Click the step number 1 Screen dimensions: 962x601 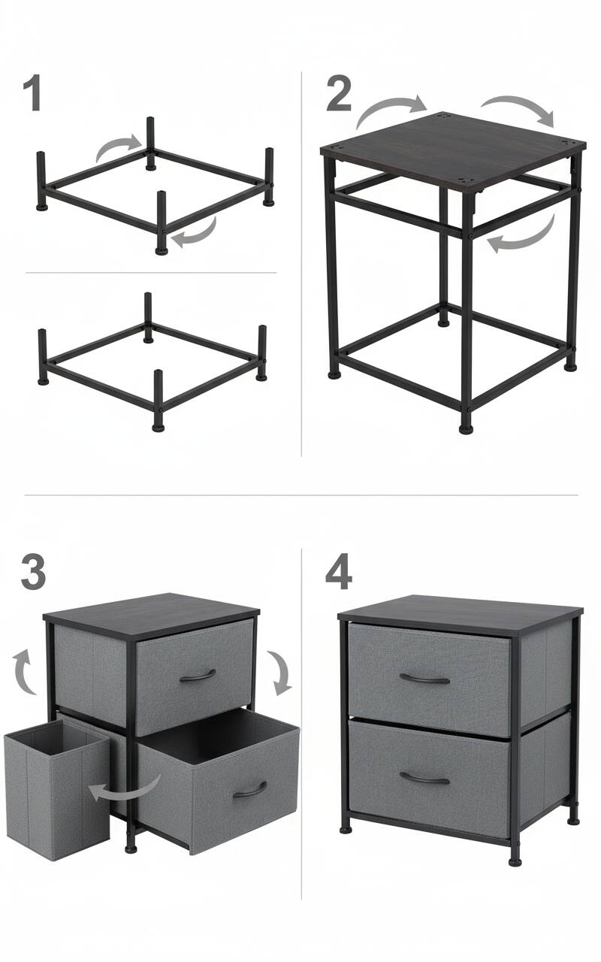[x=32, y=94]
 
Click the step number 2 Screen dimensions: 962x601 [x=339, y=95]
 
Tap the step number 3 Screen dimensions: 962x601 [x=33, y=573]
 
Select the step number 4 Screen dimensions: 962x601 [x=339, y=573]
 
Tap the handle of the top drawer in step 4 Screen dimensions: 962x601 [x=424, y=679]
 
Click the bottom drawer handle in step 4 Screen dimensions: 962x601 [x=424, y=778]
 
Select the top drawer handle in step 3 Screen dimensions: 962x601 [x=198, y=675]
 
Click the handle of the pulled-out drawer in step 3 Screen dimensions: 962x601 [x=250, y=790]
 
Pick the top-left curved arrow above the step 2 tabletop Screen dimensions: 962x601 [x=390, y=110]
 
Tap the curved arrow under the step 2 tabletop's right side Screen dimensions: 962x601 [x=524, y=235]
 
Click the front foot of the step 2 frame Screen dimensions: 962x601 [x=467, y=428]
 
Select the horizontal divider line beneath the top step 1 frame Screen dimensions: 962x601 [x=150, y=272]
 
